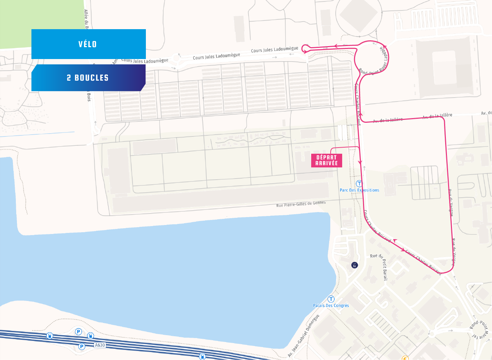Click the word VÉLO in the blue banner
88,44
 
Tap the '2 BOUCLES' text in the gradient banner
88,78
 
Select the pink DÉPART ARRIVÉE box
326,160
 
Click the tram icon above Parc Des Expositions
359,184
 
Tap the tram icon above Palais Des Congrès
331,299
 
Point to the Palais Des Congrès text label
331,306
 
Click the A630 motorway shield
100,345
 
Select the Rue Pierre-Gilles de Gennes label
301,204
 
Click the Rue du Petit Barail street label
383,266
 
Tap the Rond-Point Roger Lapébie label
375,63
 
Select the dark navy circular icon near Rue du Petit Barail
355,265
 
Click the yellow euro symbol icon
405,358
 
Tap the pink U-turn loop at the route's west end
305,48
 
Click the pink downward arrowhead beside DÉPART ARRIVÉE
359,162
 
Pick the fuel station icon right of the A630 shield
202,356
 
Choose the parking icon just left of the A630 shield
82,346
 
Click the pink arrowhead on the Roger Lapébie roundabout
384,47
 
